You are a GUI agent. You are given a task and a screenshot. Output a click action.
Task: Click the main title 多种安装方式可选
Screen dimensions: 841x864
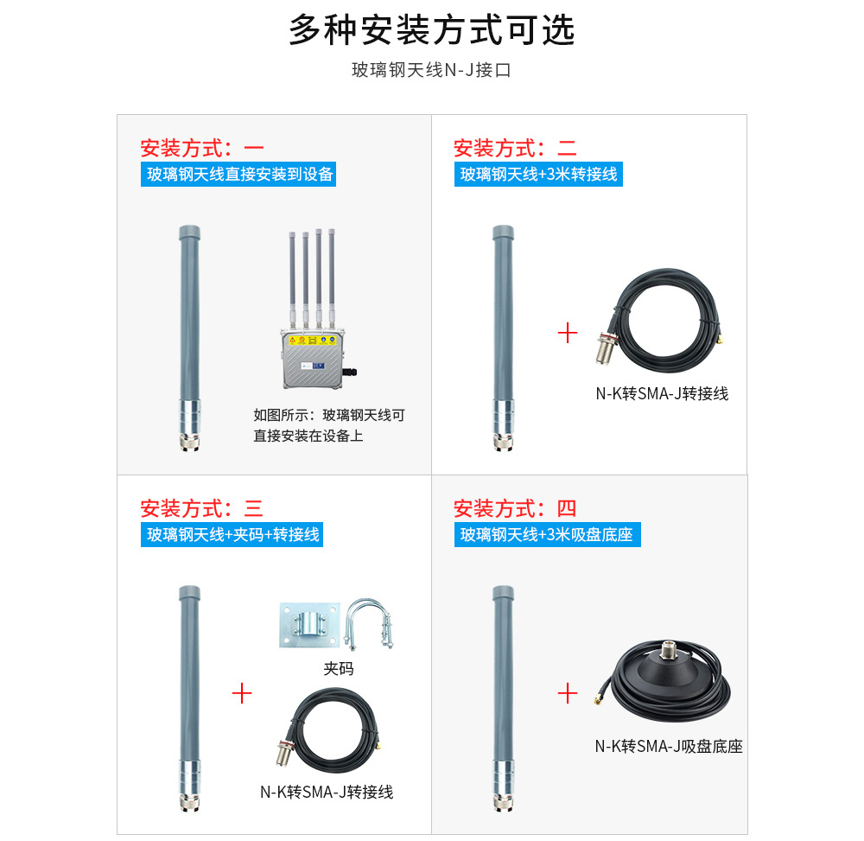pos(431,31)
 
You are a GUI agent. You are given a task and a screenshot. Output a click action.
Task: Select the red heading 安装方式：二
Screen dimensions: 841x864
pos(515,148)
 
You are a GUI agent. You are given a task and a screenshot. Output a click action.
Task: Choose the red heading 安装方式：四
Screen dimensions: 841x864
pos(515,508)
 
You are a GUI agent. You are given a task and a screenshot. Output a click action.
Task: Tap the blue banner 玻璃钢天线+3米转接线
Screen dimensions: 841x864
pos(538,174)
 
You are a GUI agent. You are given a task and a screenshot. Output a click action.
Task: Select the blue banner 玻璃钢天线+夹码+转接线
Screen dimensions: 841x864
pos(232,534)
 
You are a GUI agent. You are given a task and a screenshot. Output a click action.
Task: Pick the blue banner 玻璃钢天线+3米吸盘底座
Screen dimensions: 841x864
pos(546,534)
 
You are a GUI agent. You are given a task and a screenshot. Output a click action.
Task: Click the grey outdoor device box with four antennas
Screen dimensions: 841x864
pos(312,354)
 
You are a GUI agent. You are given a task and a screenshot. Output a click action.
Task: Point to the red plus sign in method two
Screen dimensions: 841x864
pos(568,333)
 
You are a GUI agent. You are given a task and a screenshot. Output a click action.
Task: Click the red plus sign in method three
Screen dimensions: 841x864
pos(242,692)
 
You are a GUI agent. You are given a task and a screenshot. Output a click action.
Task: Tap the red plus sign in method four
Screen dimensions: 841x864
pos(568,692)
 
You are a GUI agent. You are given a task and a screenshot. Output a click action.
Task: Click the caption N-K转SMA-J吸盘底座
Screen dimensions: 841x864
pos(668,746)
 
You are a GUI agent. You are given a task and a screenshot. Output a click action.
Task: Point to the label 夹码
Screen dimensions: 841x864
pos(339,668)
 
